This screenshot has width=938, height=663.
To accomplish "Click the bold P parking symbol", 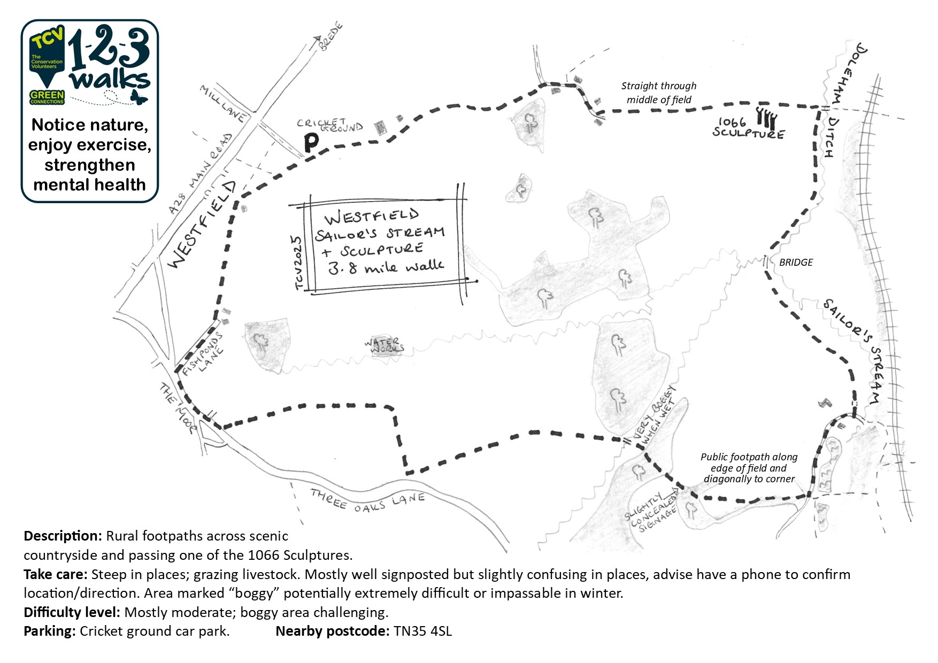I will pos(311,142).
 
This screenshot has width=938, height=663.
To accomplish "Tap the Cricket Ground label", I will pos(330,126).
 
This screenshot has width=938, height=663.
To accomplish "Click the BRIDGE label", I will pos(796,263).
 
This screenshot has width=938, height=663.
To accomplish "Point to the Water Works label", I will pos(385,345).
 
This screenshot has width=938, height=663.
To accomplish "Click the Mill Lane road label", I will pos(223,103).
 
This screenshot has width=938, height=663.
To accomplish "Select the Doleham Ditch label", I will pos(839,96).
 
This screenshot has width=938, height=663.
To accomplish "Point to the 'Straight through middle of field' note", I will pos(659,93).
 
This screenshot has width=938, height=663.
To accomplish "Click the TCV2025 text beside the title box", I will pos(298,263).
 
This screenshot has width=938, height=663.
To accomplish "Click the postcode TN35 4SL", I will pos(422,631).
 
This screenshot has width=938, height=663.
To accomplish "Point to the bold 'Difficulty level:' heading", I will pos(72,612).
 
